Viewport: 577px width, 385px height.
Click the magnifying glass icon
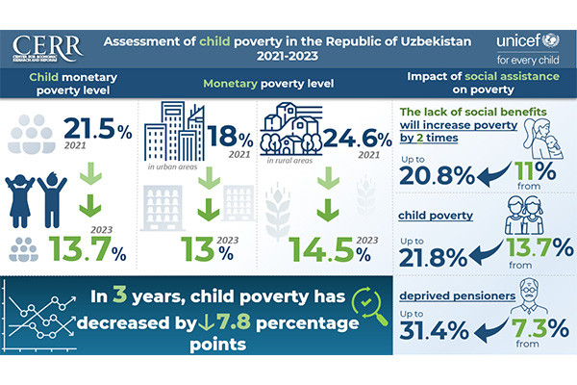coord(371,305)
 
